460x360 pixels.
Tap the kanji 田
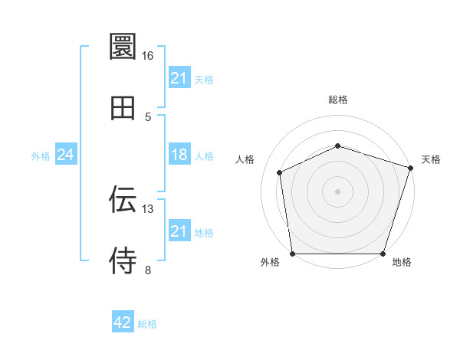point(123,108)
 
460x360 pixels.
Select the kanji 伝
point(123,199)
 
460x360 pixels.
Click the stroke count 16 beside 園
point(147,56)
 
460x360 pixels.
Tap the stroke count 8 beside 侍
point(147,270)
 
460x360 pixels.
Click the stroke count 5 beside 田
point(147,116)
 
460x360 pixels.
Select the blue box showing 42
point(123,322)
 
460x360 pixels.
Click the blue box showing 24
point(66,155)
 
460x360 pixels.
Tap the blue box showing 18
point(179,155)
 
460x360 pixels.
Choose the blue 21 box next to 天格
point(179,78)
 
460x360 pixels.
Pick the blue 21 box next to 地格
point(179,231)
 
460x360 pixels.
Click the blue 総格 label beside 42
point(147,324)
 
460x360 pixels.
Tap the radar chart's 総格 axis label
point(338,100)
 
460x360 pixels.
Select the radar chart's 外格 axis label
point(271,262)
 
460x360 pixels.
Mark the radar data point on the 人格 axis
point(280,172)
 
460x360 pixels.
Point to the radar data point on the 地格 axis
point(383,254)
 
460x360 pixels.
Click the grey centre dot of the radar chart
point(337,191)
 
